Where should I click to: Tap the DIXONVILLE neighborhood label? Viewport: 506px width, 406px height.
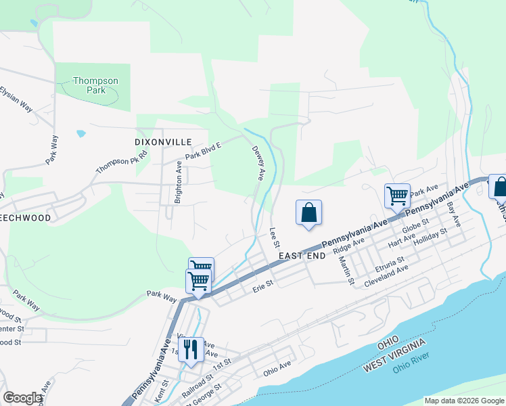pyautogui.click(x=163, y=142)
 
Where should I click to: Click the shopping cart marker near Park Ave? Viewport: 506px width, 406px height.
pyautogui.click(x=397, y=196)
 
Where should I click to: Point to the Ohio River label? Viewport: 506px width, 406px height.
pyautogui.click(x=409, y=369)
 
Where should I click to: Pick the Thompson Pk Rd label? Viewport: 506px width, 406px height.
pyautogui.click(x=121, y=161)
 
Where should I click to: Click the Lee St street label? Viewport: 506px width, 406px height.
pyautogui.click(x=275, y=237)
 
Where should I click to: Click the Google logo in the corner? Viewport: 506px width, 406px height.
pyautogui.click(x=22, y=398)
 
